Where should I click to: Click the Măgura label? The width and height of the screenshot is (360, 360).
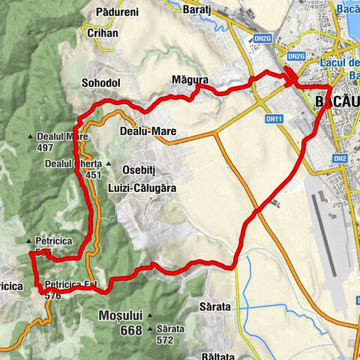click(x=189, y=79)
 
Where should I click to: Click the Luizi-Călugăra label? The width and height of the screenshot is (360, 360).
click(x=142, y=189)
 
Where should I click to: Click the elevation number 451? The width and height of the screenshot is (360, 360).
click(x=94, y=175)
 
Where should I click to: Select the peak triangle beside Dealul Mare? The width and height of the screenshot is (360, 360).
click(x=31, y=136)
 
